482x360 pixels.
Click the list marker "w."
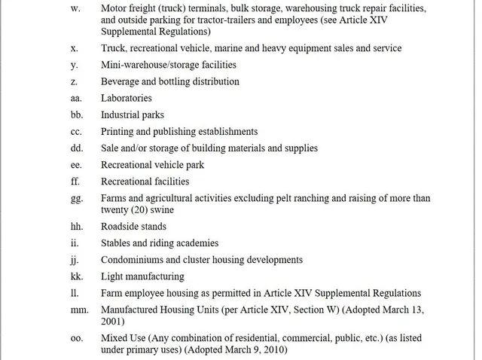pyautogui.click(x=75, y=8)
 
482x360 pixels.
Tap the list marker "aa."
pyautogui.click(x=77, y=98)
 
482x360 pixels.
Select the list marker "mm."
pyautogui.click(x=79, y=310)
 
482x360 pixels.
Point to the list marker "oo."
pyautogui.click(x=77, y=338)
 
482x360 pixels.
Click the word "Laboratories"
pyautogui.click(x=127, y=98)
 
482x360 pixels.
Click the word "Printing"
pyautogui.click(x=118, y=131)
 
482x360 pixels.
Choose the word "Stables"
pyautogui.click(x=117, y=243)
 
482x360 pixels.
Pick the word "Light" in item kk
pyautogui.click(x=113, y=276)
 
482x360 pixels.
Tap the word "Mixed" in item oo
pyautogui.click(x=114, y=338)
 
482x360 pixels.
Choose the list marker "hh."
pyautogui.click(x=77, y=227)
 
